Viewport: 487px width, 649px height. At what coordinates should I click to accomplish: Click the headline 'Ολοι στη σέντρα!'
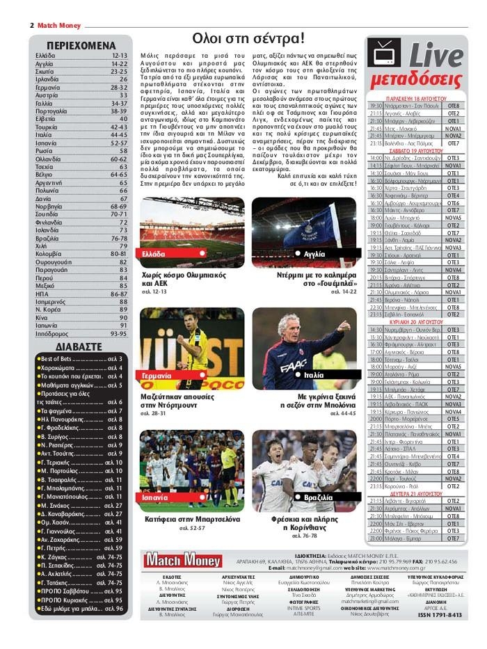click(x=248, y=38)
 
